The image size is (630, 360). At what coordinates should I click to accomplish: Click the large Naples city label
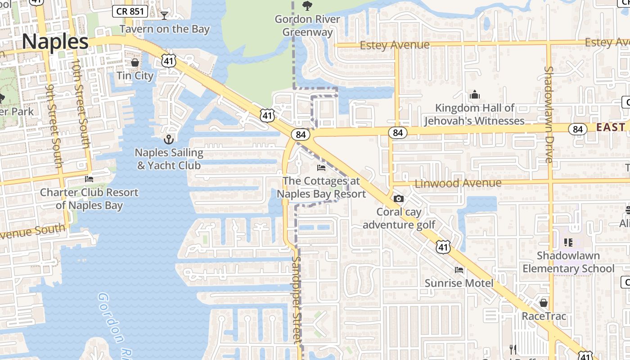click(55, 42)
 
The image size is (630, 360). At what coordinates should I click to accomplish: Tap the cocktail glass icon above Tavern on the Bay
click(164, 15)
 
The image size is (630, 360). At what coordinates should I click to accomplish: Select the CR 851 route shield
click(130, 11)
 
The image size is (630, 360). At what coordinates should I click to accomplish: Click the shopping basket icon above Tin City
click(135, 62)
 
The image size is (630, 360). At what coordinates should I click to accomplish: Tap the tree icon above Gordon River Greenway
click(307, 5)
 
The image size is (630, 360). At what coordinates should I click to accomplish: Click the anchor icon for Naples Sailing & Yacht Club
click(169, 139)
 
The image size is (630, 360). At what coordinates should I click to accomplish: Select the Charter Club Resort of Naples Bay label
click(89, 199)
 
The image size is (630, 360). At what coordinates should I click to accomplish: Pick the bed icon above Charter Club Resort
click(89, 179)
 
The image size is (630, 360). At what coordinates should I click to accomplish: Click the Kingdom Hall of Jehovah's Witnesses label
click(474, 114)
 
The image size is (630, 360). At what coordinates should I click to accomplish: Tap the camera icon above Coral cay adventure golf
click(398, 198)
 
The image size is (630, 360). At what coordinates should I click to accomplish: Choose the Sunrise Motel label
click(459, 283)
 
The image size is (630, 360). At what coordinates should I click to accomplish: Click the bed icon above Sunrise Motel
click(459, 270)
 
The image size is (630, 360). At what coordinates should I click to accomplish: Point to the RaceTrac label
click(544, 316)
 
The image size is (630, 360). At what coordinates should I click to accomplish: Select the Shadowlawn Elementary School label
click(568, 262)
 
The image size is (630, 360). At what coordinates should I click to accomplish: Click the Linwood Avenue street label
click(458, 183)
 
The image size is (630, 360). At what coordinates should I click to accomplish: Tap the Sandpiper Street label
click(296, 299)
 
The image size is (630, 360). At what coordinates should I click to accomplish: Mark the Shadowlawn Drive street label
click(549, 114)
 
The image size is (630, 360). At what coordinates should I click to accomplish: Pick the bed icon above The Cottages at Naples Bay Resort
click(321, 168)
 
